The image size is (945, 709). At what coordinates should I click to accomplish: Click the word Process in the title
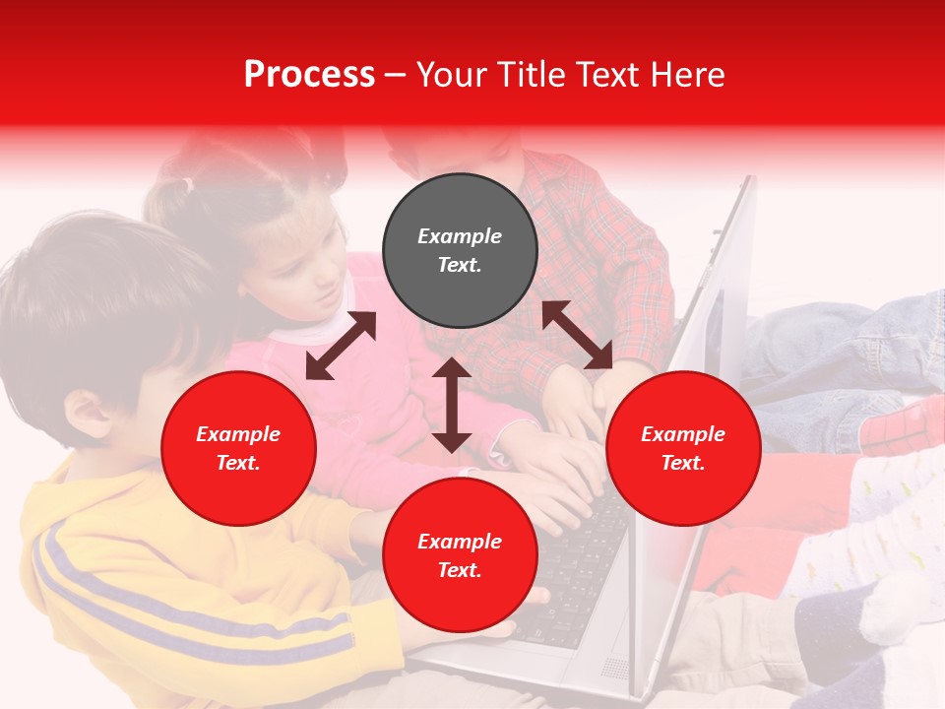click(x=309, y=75)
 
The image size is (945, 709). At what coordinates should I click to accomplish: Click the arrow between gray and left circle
click(x=341, y=346)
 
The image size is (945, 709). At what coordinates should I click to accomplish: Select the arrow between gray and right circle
click(x=577, y=335)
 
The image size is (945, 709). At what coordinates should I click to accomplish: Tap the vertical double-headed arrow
click(x=451, y=405)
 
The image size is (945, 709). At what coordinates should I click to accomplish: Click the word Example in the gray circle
click(x=460, y=236)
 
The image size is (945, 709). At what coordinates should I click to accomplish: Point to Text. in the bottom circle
click(x=460, y=570)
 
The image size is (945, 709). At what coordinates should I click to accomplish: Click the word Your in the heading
click(x=452, y=75)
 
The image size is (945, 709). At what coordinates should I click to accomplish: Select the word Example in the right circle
click(x=683, y=434)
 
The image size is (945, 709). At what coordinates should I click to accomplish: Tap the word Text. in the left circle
click(x=238, y=463)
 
